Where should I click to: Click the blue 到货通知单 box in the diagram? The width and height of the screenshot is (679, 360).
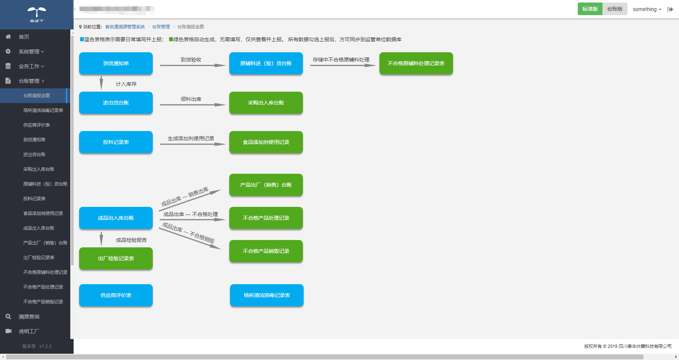pos(116,63)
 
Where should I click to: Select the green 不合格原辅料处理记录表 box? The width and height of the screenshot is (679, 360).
pos(416,63)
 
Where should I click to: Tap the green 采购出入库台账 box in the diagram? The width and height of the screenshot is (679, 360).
pos(266,103)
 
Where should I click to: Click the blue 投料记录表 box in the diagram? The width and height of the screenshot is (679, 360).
pos(116,142)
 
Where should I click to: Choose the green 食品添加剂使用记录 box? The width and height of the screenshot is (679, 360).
pos(266,142)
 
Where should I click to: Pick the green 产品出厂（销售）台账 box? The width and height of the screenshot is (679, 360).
pos(266,185)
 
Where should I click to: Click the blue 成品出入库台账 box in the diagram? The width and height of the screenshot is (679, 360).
pos(116,218)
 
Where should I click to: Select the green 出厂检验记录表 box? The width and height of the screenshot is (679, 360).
pos(116,258)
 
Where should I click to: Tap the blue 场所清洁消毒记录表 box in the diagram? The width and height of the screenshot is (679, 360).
pos(266,295)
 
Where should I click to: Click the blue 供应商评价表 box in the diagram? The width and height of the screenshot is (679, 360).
pos(116,295)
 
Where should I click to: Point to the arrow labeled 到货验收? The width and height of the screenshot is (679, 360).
pos(192,65)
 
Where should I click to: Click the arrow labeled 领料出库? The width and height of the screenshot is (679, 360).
pos(192,105)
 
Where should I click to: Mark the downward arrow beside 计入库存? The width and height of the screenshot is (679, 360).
pos(101,83)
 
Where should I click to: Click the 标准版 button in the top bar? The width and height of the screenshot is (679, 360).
pos(590,9)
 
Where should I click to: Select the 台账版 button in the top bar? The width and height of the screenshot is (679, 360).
pos(615,9)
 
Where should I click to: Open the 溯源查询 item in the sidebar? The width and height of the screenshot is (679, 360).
pos(29,317)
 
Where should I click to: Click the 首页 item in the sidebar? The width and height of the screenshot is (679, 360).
pos(24,37)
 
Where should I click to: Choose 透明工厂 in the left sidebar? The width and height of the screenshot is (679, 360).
pos(29,331)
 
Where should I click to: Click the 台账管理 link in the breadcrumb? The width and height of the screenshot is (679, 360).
pos(161,27)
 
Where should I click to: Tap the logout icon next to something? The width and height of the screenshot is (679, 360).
pos(670,9)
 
